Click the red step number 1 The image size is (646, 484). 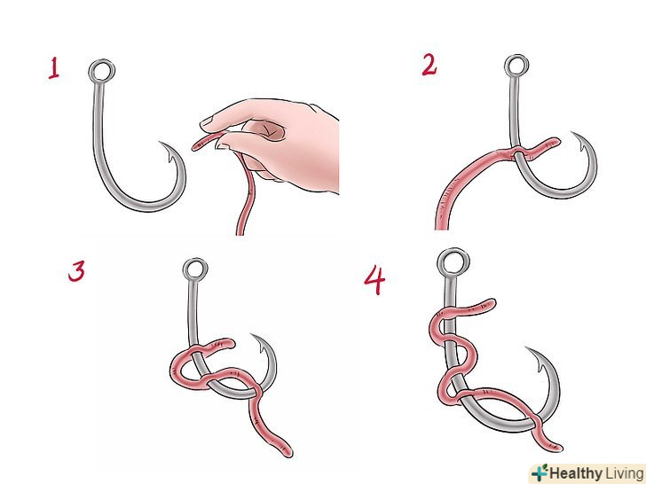click(x=54, y=68)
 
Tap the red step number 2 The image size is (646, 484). click(x=429, y=65)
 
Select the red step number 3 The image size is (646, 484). click(x=76, y=271)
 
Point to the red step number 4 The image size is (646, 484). click(x=374, y=279)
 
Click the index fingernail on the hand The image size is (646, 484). click(x=208, y=121)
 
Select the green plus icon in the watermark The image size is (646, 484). click(x=540, y=472)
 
